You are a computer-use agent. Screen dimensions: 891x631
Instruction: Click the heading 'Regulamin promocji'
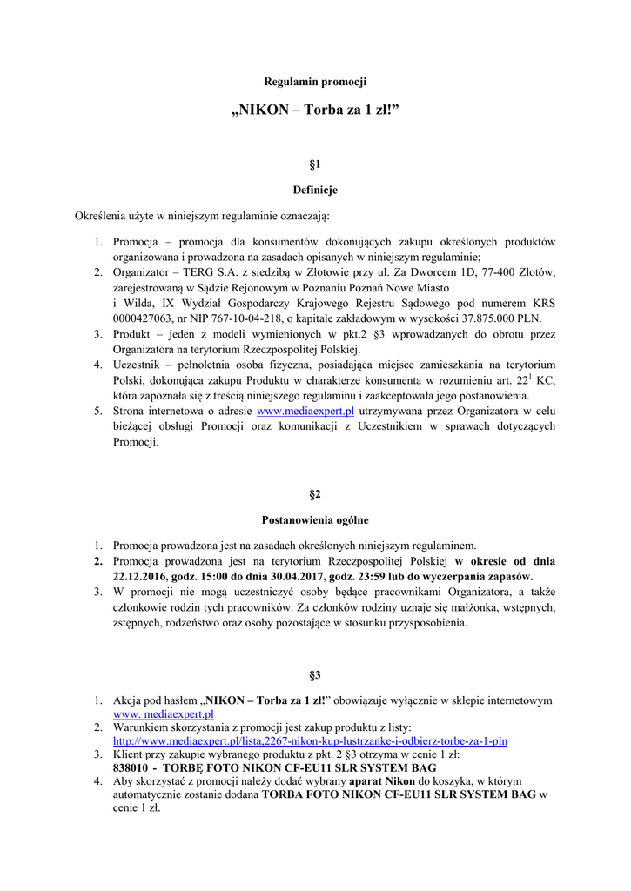click(315, 82)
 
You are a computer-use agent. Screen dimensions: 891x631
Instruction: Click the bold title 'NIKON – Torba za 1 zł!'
click(315, 111)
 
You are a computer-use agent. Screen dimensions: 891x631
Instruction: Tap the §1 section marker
click(315, 164)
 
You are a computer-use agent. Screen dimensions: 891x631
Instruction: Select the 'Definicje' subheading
click(315, 190)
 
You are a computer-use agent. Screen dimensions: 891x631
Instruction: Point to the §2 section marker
click(315, 494)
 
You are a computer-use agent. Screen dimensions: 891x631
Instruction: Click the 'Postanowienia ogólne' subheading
click(315, 520)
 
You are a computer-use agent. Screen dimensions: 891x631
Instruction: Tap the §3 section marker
click(315, 674)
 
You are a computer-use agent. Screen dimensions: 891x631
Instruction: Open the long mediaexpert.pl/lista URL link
click(310, 741)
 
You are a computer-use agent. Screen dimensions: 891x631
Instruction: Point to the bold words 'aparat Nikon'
click(379, 781)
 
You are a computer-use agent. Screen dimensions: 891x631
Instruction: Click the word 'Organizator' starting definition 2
click(142, 271)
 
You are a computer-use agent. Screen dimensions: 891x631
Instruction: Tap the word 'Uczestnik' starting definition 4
click(138, 365)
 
